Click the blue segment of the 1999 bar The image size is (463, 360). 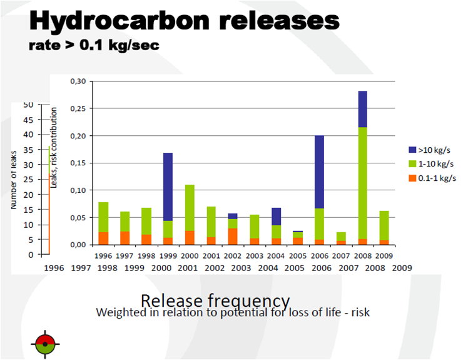(x=168, y=187)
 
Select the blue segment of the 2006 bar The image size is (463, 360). (x=319, y=172)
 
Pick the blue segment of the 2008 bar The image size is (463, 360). (x=362, y=109)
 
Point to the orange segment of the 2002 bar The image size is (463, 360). (x=233, y=237)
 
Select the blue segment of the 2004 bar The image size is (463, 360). (x=276, y=217)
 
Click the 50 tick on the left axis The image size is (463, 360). (x=28, y=105)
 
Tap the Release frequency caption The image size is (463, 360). (x=215, y=300)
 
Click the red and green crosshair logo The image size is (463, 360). (x=45, y=344)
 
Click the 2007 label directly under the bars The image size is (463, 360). (x=341, y=255)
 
